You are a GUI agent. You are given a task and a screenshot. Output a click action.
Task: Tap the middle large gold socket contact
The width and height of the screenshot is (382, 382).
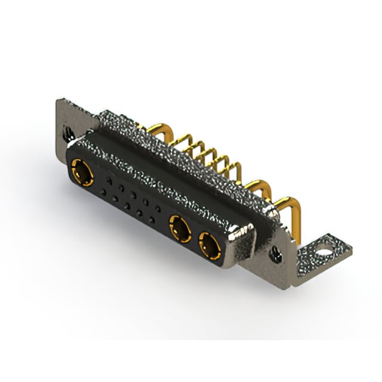point(178,228)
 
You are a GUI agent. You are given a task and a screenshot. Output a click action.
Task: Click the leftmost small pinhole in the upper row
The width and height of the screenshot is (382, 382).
point(109,179)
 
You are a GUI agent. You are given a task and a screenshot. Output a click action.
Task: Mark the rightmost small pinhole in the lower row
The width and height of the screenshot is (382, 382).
point(152,220)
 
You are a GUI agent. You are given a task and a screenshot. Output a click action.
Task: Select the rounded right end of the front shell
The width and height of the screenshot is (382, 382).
point(242,245)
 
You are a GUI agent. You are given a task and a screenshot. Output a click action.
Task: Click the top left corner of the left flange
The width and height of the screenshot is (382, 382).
point(58,101)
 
